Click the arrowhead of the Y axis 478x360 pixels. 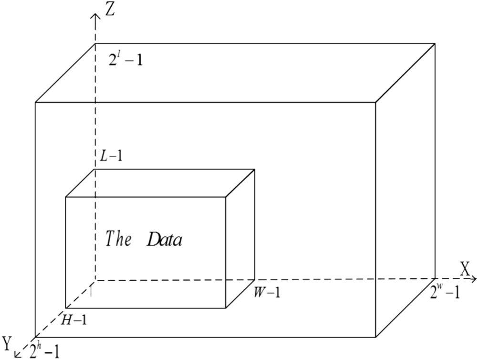[17, 354]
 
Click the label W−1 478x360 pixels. [266, 291]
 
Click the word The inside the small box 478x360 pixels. [118, 238]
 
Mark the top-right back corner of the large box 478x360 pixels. [435, 43]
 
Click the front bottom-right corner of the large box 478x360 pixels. [375, 337]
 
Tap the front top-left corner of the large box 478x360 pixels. [35, 102]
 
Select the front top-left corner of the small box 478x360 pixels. [66, 197]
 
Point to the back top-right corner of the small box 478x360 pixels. [254, 169]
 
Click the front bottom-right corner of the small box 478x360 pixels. [225, 308]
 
